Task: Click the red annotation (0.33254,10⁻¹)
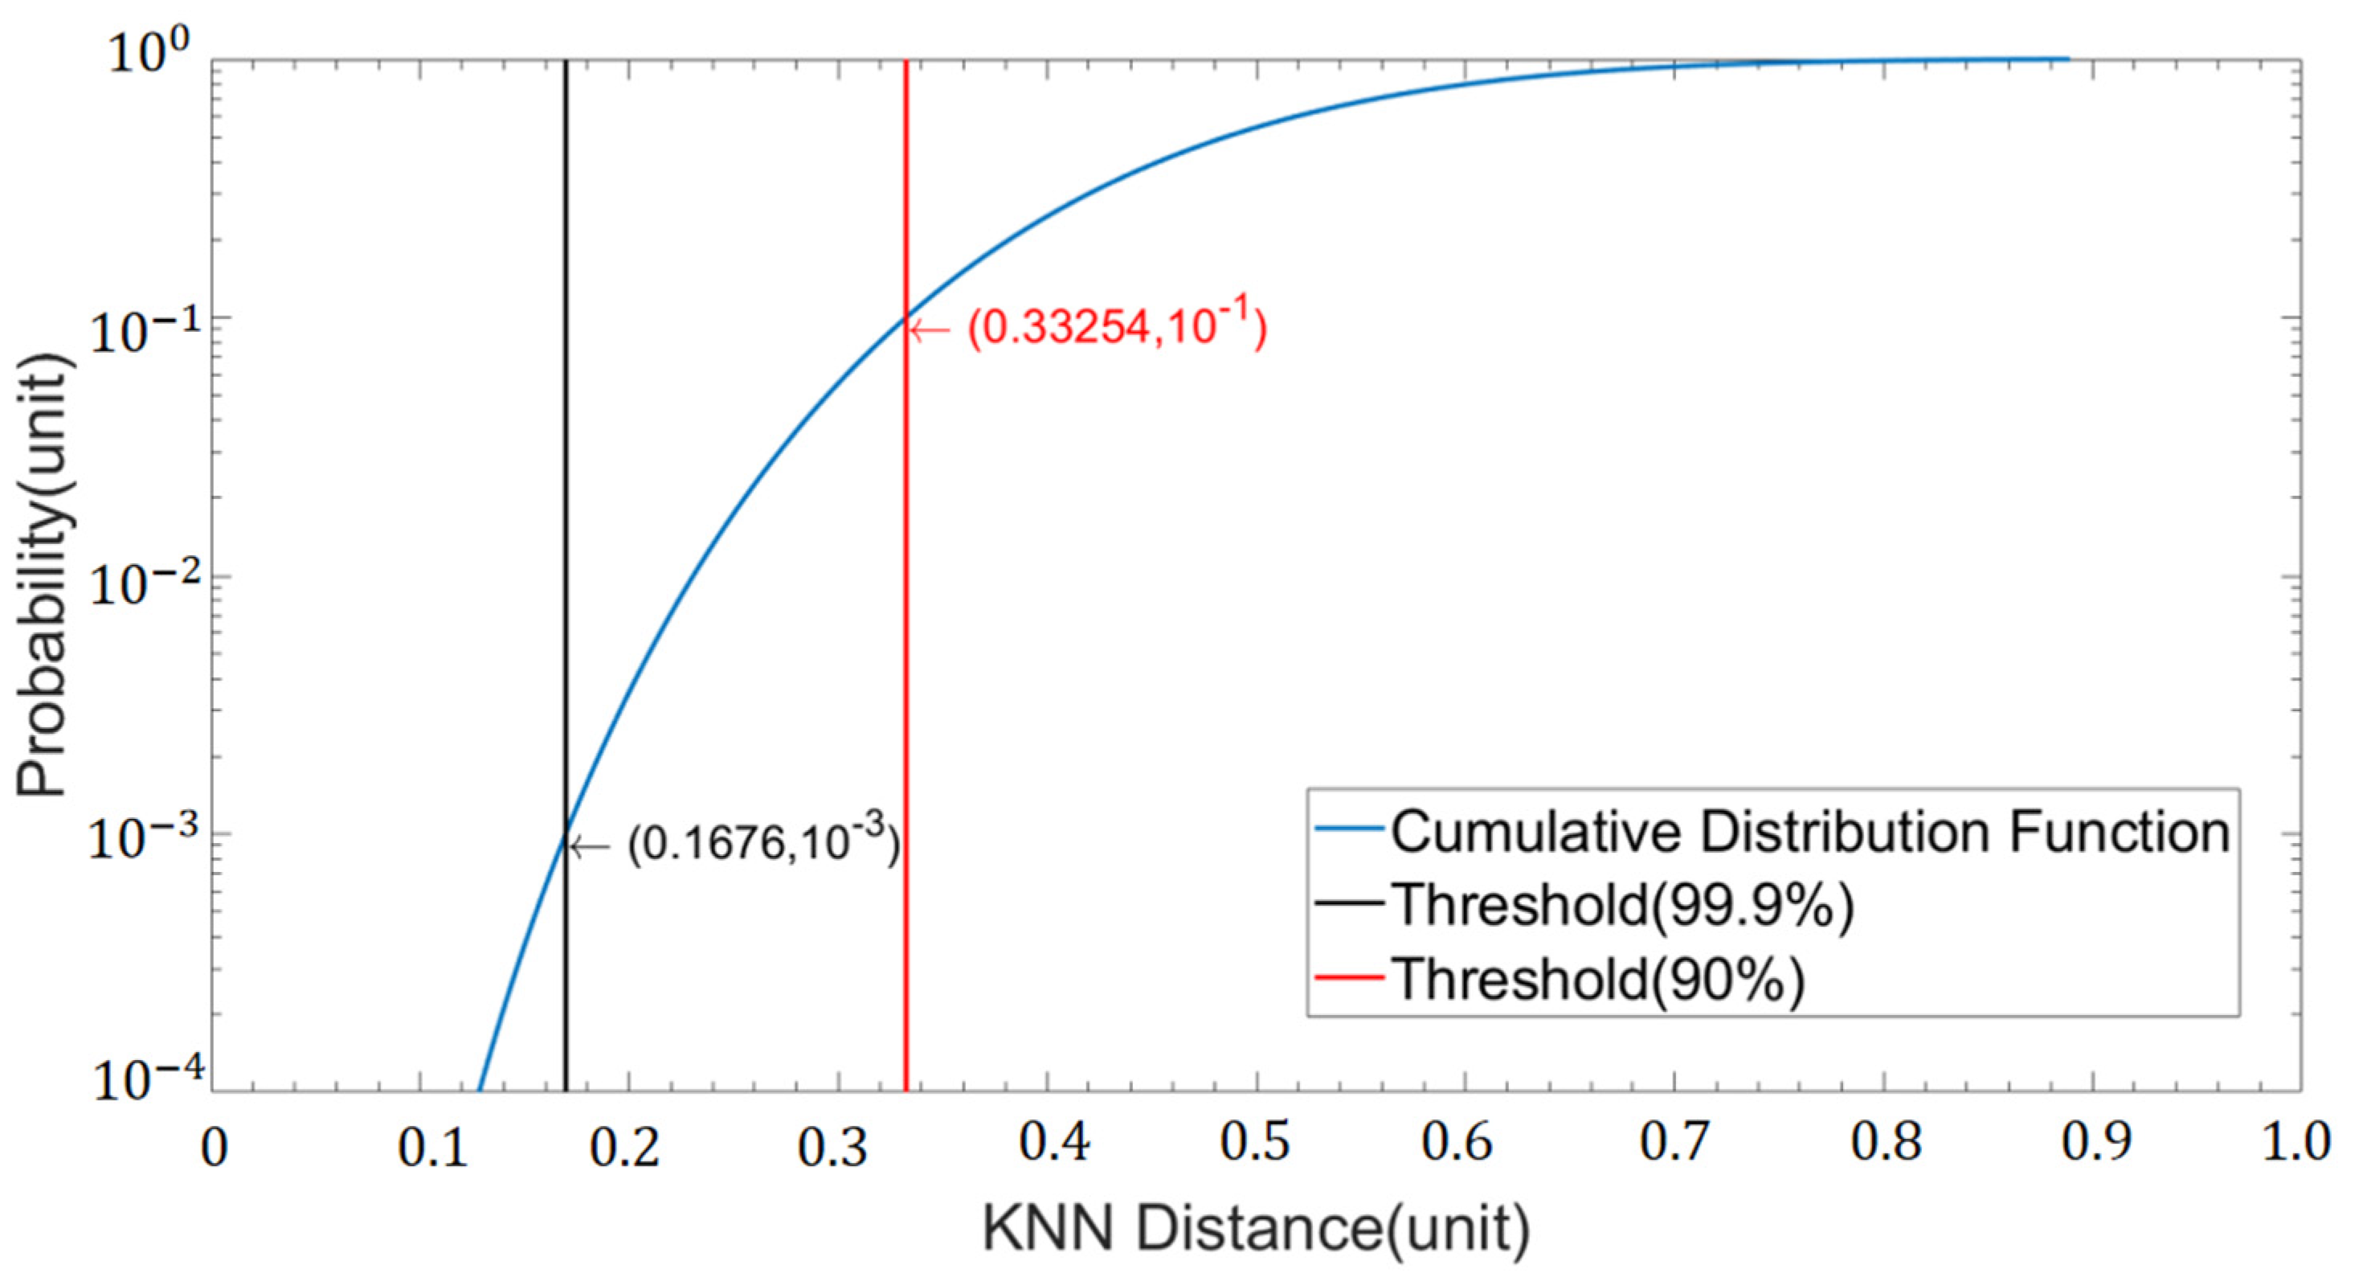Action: click(x=1117, y=326)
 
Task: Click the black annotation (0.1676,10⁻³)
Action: click(x=763, y=841)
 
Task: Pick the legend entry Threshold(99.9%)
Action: click(x=1623, y=905)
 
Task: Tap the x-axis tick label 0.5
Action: click(x=1255, y=1143)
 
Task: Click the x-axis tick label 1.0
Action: click(x=2296, y=1143)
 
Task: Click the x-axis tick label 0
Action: click(x=214, y=1147)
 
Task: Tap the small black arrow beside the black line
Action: click(x=590, y=847)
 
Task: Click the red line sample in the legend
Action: click(x=1349, y=977)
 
